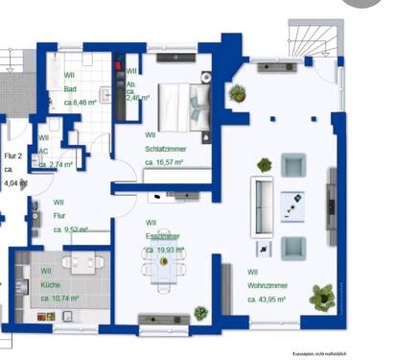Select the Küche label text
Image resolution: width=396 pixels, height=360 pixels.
click(x=52, y=285)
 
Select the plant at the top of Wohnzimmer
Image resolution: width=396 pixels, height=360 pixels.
click(x=237, y=93)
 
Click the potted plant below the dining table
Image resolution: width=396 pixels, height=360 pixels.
click(x=200, y=313)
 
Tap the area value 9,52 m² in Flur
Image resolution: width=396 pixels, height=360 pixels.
click(x=71, y=230)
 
